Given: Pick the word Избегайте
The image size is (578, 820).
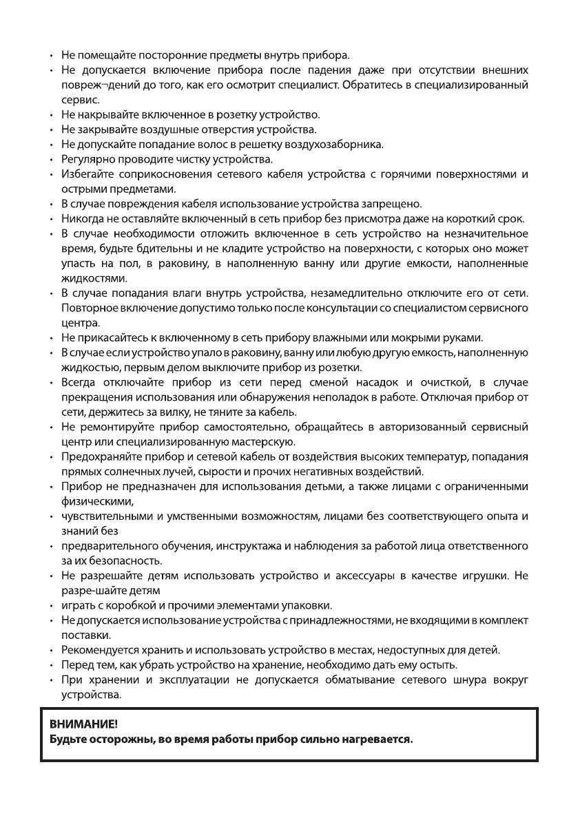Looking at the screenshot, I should (87, 174).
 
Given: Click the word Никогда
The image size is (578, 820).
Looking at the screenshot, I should (81, 219).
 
